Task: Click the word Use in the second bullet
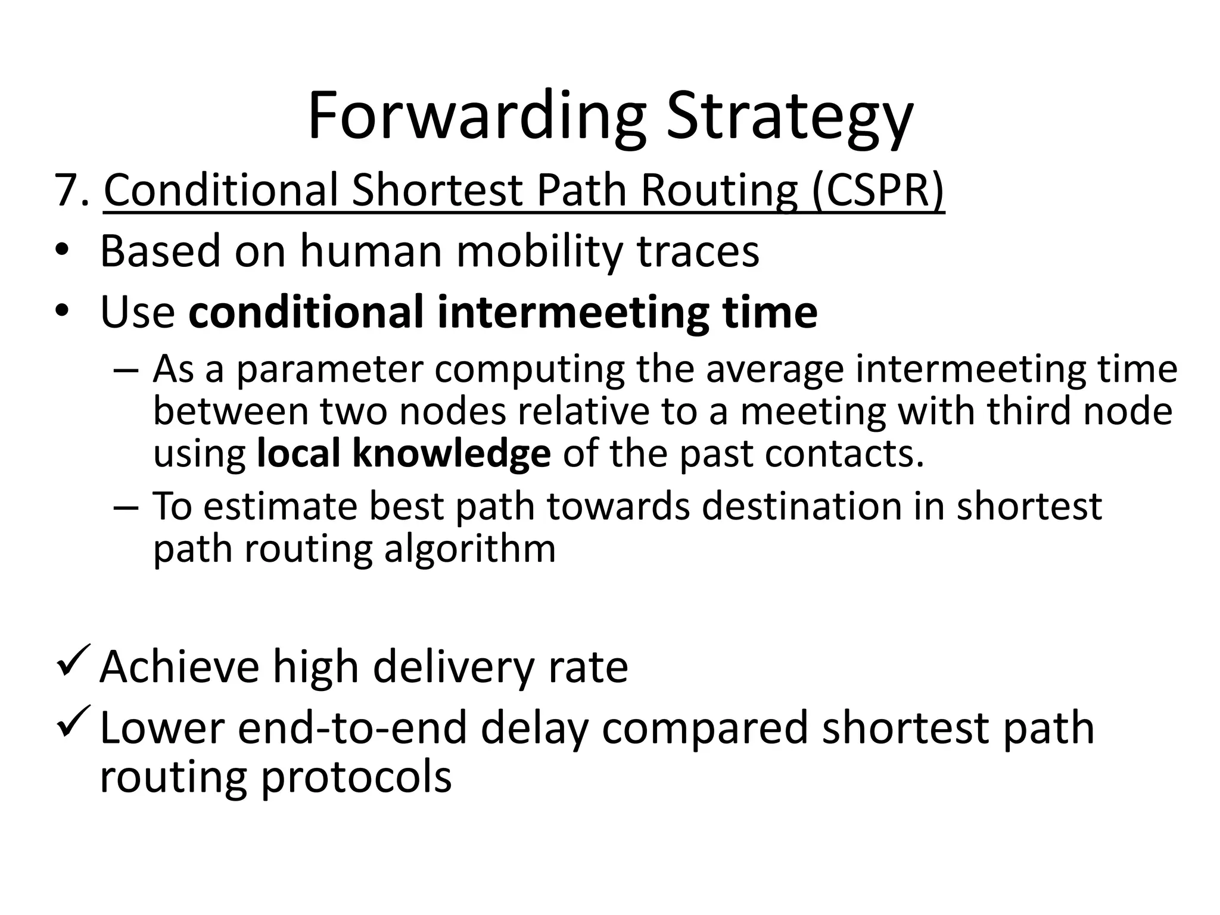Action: tap(137, 312)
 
